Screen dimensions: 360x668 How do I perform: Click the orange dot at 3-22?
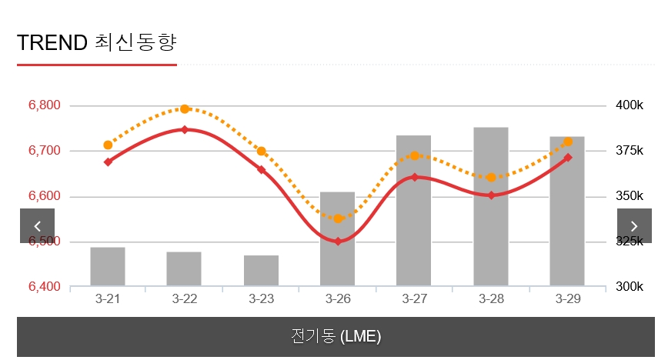185,109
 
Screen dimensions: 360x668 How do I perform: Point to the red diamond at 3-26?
337,242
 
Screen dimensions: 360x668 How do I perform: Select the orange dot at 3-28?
490,178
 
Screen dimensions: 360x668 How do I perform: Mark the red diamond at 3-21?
108,162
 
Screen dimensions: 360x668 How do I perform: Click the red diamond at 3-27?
414,178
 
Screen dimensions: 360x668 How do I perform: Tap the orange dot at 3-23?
261,152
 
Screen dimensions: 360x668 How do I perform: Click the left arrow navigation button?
37,225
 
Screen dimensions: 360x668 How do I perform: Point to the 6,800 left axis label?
44,105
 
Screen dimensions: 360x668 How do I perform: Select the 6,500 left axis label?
44,242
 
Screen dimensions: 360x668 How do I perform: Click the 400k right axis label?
629,105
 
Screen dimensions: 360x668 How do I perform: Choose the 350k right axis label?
629,196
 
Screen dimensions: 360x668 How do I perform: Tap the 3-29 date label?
567,298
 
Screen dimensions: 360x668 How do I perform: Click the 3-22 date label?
185,298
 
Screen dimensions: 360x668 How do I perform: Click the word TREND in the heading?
52,42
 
